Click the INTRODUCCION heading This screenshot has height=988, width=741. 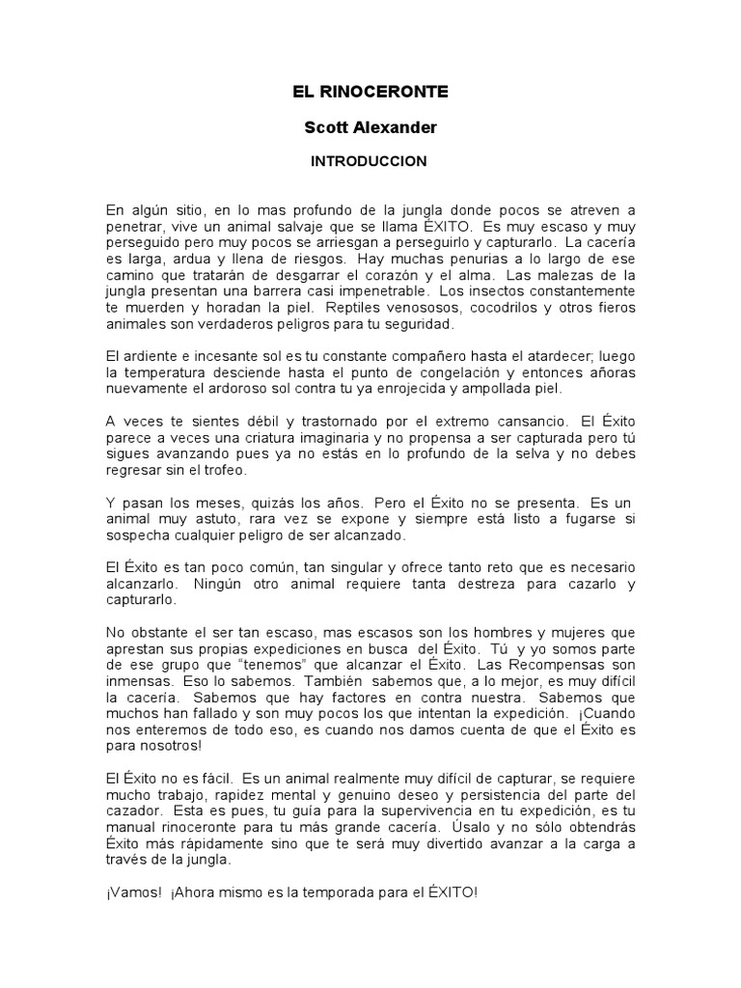(369, 161)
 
